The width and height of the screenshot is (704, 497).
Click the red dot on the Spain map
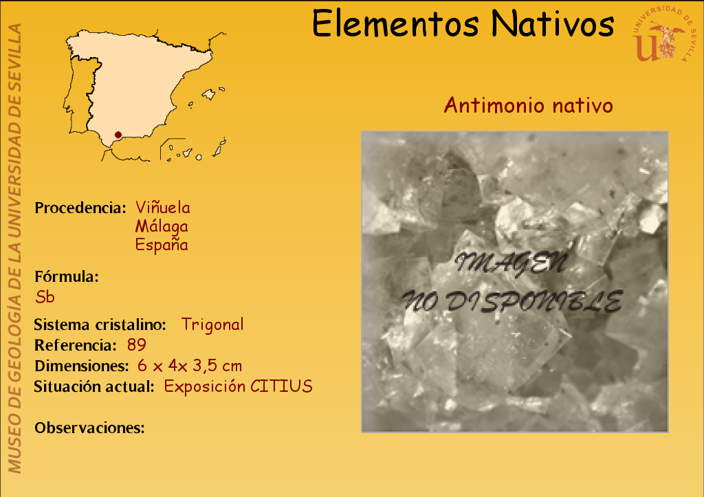[118, 135]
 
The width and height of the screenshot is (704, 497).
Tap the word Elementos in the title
[395, 23]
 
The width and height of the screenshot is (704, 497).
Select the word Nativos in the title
[552, 23]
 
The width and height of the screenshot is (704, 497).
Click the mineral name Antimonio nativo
[529, 105]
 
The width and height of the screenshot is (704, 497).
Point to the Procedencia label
[80, 208]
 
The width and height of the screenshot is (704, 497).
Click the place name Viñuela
[162, 208]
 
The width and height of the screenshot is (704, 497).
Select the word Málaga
[162, 226]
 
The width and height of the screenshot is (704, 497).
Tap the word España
[162, 245]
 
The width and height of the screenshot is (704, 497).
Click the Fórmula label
[67, 276]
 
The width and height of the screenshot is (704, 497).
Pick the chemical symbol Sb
[45, 297]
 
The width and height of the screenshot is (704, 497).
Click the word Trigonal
[212, 324]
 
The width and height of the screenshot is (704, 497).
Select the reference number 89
[137, 345]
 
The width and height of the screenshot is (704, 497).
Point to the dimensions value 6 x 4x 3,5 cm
[190, 366]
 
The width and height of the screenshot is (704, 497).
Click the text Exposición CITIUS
[238, 386]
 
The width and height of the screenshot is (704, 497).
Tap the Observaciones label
[90, 428]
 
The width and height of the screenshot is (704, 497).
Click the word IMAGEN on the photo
[511, 263]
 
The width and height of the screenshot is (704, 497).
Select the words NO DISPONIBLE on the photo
[512, 301]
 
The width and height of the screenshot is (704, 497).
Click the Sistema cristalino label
[100, 324]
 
